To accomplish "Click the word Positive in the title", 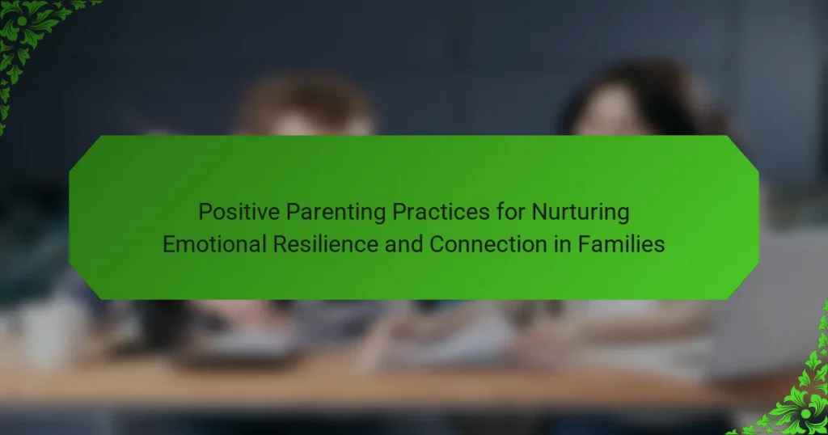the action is [x=239, y=212].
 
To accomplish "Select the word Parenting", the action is [x=336, y=213].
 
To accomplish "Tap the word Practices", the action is [x=441, y=212].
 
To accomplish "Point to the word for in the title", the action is [x=511, y=211].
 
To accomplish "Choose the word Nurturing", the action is [x=581, y=213].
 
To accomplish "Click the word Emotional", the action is [x=214, y=244].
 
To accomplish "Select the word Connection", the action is [x=488, y=244].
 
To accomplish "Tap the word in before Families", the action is [x=563, y=244].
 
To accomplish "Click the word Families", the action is [x=621, y=244].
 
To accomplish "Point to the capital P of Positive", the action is [x=205, y=212].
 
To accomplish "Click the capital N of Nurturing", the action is [x=539, y=212].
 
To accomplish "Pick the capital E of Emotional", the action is [x=168, y=245].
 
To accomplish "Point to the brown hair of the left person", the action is [x=306, y=100].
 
